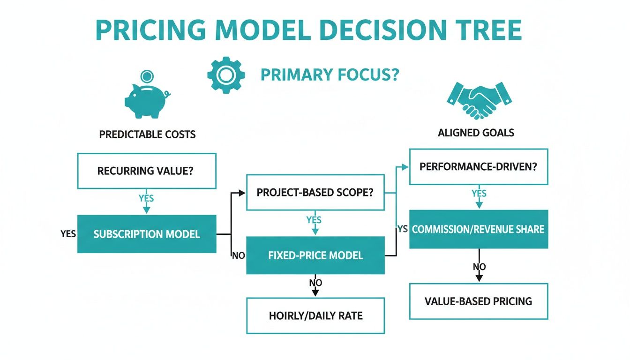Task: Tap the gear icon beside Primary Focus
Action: click(225, 75)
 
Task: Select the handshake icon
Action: click(479, 100)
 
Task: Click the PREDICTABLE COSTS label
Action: click(147, 135)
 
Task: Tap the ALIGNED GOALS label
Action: click(476, 133)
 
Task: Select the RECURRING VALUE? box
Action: click(147, 171)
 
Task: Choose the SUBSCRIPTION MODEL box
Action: click(147, 234)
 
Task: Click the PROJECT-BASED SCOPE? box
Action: click(315, 192)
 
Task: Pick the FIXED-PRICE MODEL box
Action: click(315, 255)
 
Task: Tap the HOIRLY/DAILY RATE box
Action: click(315, 315)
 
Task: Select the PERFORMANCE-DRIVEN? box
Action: click(479, 166)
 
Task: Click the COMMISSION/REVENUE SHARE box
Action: click(479, 229)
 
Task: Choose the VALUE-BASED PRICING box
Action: click(479, 301)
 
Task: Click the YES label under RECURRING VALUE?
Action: click(146, 198)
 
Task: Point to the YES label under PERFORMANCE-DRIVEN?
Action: click(479, 194)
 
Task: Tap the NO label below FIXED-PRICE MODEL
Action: click(315, 283)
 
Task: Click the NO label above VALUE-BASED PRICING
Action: click(479, 267)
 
